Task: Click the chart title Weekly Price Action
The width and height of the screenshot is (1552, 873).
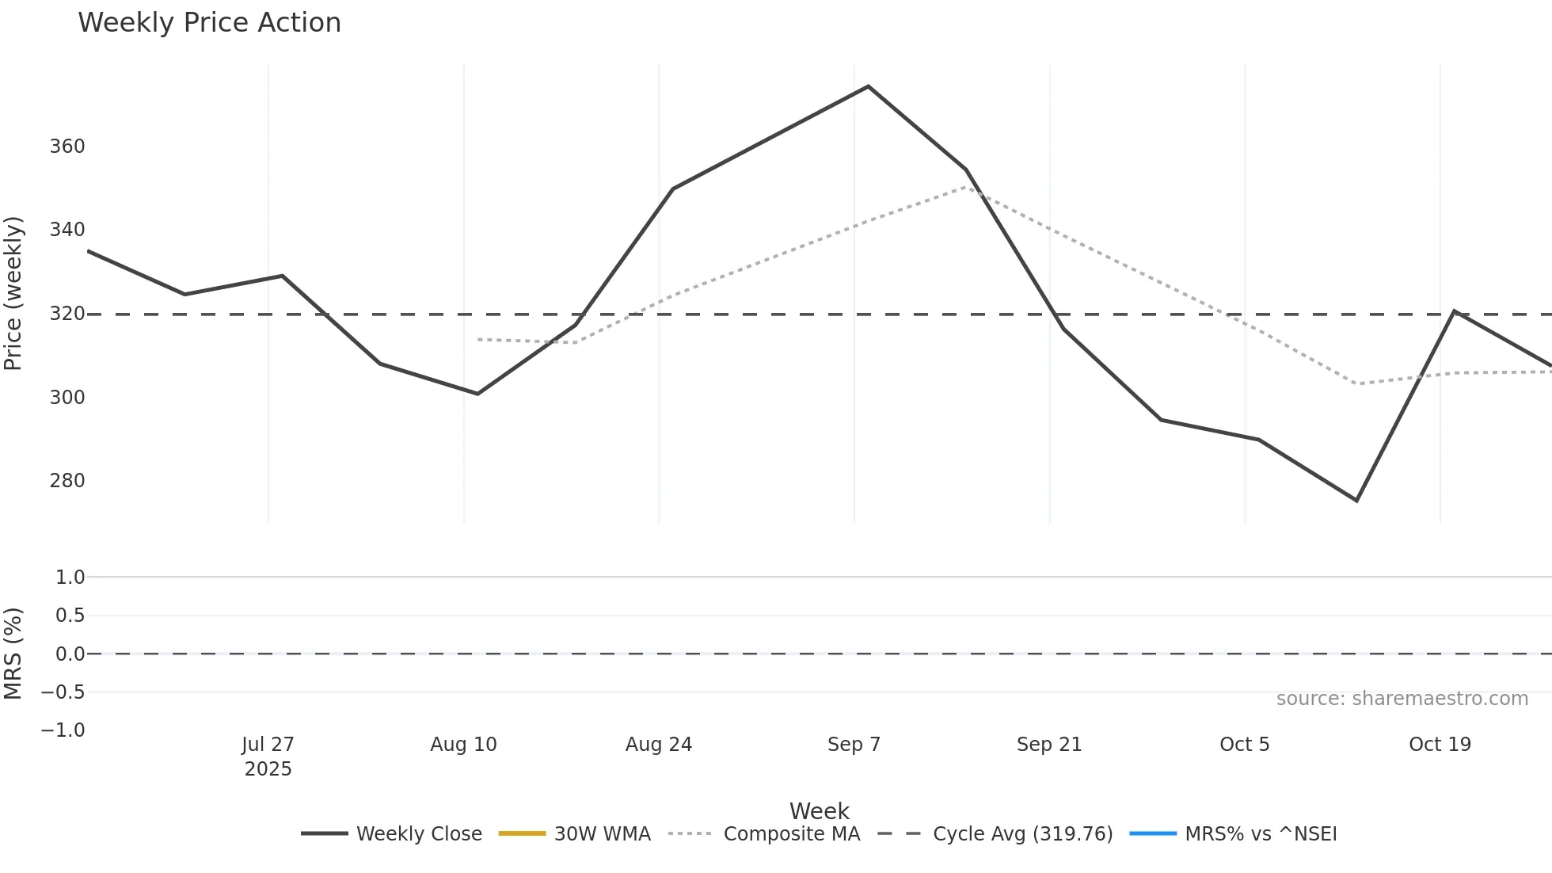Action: (x=209, y=23)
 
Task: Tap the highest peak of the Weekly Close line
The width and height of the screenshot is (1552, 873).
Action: (x=868, y=86)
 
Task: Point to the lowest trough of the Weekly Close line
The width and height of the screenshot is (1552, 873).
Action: (x=1356, y=501)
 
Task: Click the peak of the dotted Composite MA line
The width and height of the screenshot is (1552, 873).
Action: (x=966, y=187)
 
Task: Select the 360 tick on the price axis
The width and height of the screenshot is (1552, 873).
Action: (x=67, y=147)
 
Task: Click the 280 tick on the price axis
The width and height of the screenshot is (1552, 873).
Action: (x=67, y=481)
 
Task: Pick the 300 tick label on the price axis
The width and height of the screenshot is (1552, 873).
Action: (x=67, y=398)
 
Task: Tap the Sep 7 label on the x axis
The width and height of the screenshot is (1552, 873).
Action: (x=854, y=745)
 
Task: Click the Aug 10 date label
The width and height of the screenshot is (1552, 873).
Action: (x=463, y=745)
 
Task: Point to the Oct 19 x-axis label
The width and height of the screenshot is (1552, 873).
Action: (x=1440, y=745)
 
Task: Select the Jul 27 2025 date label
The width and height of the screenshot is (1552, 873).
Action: (x=268, y=757)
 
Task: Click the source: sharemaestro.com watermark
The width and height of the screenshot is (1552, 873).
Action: (x=1402, y=699)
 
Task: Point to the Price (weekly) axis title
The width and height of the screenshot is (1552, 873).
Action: (x=13, y=293)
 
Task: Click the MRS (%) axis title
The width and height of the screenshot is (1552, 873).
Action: (x=13, y=654)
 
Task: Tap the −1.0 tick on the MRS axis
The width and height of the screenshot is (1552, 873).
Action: (x=63, y=730)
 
